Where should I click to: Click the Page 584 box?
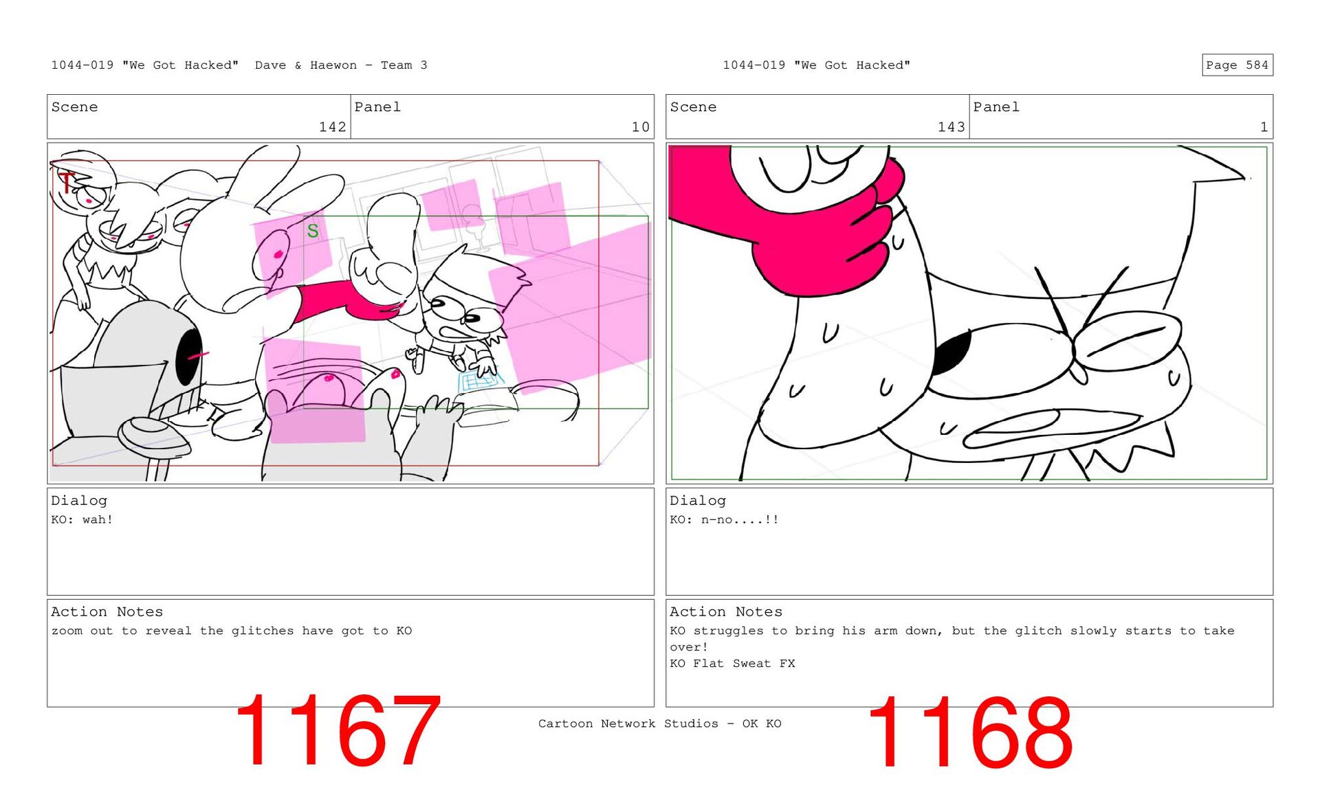point(1237,65)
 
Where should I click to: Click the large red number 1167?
point(338,730)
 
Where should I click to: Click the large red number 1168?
point(969,732)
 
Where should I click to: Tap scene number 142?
point(332,127)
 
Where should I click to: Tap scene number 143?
point(951,127)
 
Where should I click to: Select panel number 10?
point(640,127)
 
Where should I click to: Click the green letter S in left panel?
point(313,231)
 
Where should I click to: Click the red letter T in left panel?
point(65,182)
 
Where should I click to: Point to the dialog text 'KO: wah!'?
point(82,519)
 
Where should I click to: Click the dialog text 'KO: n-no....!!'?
point(724,519)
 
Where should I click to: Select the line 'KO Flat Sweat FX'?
point(732,664)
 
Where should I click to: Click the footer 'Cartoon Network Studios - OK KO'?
point(659,723)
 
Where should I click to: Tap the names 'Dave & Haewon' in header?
point(306,65)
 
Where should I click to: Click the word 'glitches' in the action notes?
point(262,631)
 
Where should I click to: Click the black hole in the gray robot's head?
point(188,357)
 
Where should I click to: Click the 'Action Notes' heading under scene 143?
point(726,611)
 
